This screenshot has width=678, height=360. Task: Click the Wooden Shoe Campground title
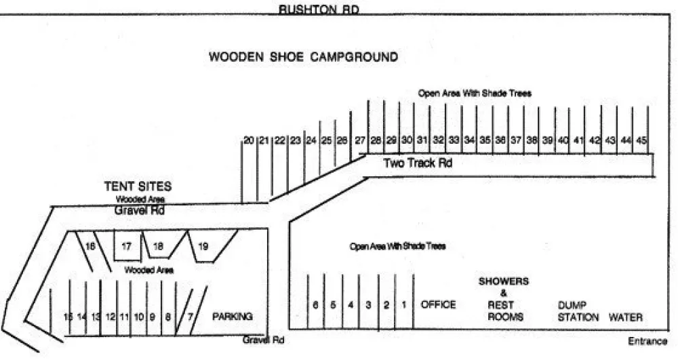[x=303, y=57]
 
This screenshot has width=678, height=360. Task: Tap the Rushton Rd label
[x=319, y=9]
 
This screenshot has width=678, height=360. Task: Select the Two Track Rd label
[x=418, y=163]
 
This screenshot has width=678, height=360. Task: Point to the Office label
[x=439, y=305]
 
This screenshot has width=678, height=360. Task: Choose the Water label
[x=625, y=317]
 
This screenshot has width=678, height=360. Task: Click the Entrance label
[x=647, y=342]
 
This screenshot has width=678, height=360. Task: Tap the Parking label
[x=233, y=317]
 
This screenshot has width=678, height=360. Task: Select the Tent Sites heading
[x=138, y=186]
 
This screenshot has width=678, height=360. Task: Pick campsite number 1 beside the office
[x=403, y=305]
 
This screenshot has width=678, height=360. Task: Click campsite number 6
[x=315, y=305]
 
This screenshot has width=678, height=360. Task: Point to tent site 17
[x=126, y=247]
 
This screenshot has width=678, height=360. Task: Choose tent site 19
[x=202, y=247]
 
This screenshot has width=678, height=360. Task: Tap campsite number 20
[x=249, y=140]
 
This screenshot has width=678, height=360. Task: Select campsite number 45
[x=642, y=140]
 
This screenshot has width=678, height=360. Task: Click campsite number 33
[x=454, y=140]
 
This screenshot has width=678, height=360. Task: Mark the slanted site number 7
[x=191, y=317]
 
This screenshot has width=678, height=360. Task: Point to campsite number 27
[x=360, y=140]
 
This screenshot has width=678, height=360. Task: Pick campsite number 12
[x=111, y=317]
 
